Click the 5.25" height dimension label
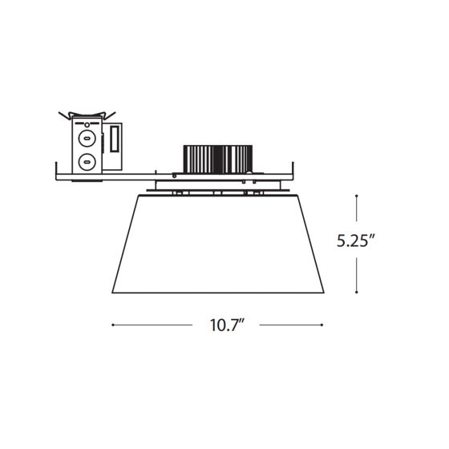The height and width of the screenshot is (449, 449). [355, 241]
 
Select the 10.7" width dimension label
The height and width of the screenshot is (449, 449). [227, 325]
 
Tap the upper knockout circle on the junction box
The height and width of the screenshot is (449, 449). [87, 138]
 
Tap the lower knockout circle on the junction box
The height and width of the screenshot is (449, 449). [87, 162]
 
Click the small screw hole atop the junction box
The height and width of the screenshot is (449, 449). [87, 124]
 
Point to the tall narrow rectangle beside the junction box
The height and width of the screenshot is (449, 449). [115, 140]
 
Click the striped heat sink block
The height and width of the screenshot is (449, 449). [217, 160]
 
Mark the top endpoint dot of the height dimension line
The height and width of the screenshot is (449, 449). [356, 196]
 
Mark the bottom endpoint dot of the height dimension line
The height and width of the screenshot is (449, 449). [356, 293]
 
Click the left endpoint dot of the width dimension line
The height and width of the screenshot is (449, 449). [113, 325]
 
